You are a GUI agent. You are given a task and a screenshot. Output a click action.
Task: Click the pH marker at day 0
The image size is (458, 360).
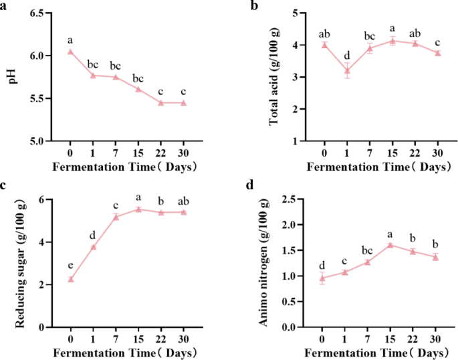70,52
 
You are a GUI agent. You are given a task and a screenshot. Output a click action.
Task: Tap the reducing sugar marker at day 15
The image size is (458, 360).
138,209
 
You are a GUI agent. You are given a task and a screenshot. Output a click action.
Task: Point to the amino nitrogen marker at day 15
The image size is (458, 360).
391,245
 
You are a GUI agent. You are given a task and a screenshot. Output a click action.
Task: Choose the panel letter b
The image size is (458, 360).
254,5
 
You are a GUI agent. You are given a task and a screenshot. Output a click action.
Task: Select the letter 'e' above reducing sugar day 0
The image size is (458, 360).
70,266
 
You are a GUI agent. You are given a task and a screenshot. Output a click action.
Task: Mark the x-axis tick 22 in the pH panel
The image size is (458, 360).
161,152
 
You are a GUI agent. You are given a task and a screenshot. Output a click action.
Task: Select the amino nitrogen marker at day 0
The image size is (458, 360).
322,278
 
